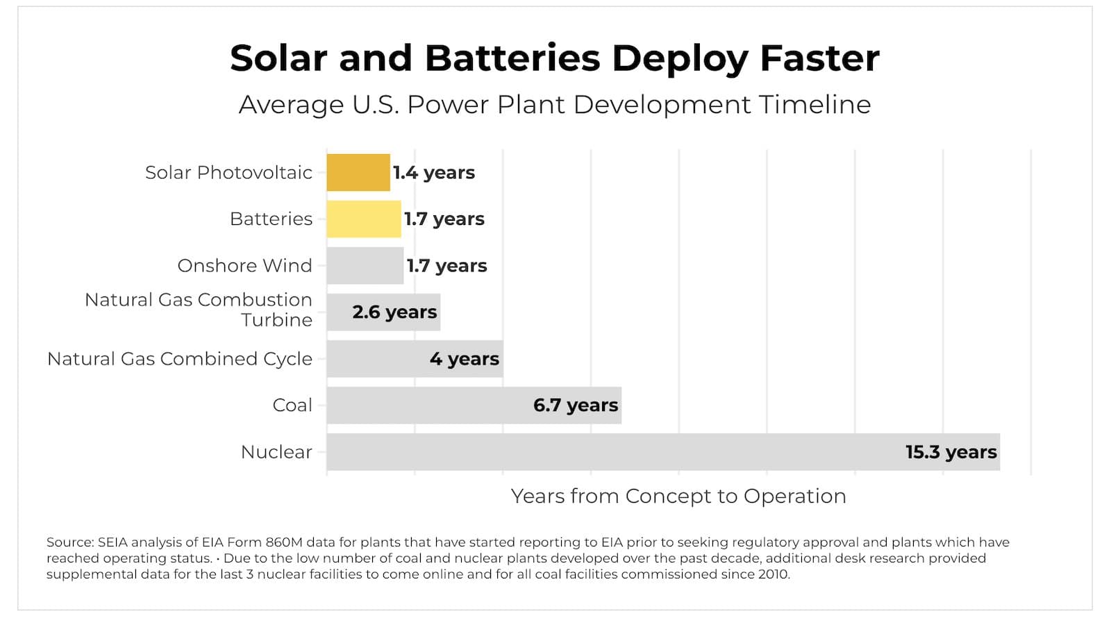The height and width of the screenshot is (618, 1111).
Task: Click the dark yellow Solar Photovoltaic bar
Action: tap(358, 172)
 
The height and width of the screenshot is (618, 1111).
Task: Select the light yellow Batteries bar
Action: tap(364, 219)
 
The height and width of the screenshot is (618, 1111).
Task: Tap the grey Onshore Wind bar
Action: tap(365, 265)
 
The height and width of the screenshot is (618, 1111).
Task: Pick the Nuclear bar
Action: tap(611, 452)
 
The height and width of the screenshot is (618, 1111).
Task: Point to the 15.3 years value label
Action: tap(951, 452)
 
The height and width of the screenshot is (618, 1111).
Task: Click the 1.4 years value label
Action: tap(434, 172)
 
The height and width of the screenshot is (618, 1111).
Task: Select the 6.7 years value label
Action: tap(575, 406)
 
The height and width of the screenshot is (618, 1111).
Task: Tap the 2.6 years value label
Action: tap(394, 312)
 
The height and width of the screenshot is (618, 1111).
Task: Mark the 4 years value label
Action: tap(464, 359)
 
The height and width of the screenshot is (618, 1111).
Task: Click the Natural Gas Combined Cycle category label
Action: tap(180, 359)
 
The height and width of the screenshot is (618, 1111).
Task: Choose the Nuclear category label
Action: tap(276, 452)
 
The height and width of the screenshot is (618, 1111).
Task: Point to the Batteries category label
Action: tap(271, 219)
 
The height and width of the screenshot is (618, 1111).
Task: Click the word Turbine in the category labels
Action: tap(276, 320)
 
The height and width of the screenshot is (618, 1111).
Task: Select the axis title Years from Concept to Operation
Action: tap(678, 496)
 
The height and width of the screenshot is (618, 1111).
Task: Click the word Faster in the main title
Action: tap(819, 58)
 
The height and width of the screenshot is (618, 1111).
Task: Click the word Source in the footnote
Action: tap(69, 542)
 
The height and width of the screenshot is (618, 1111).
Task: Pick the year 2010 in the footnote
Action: tap(774, 574)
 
